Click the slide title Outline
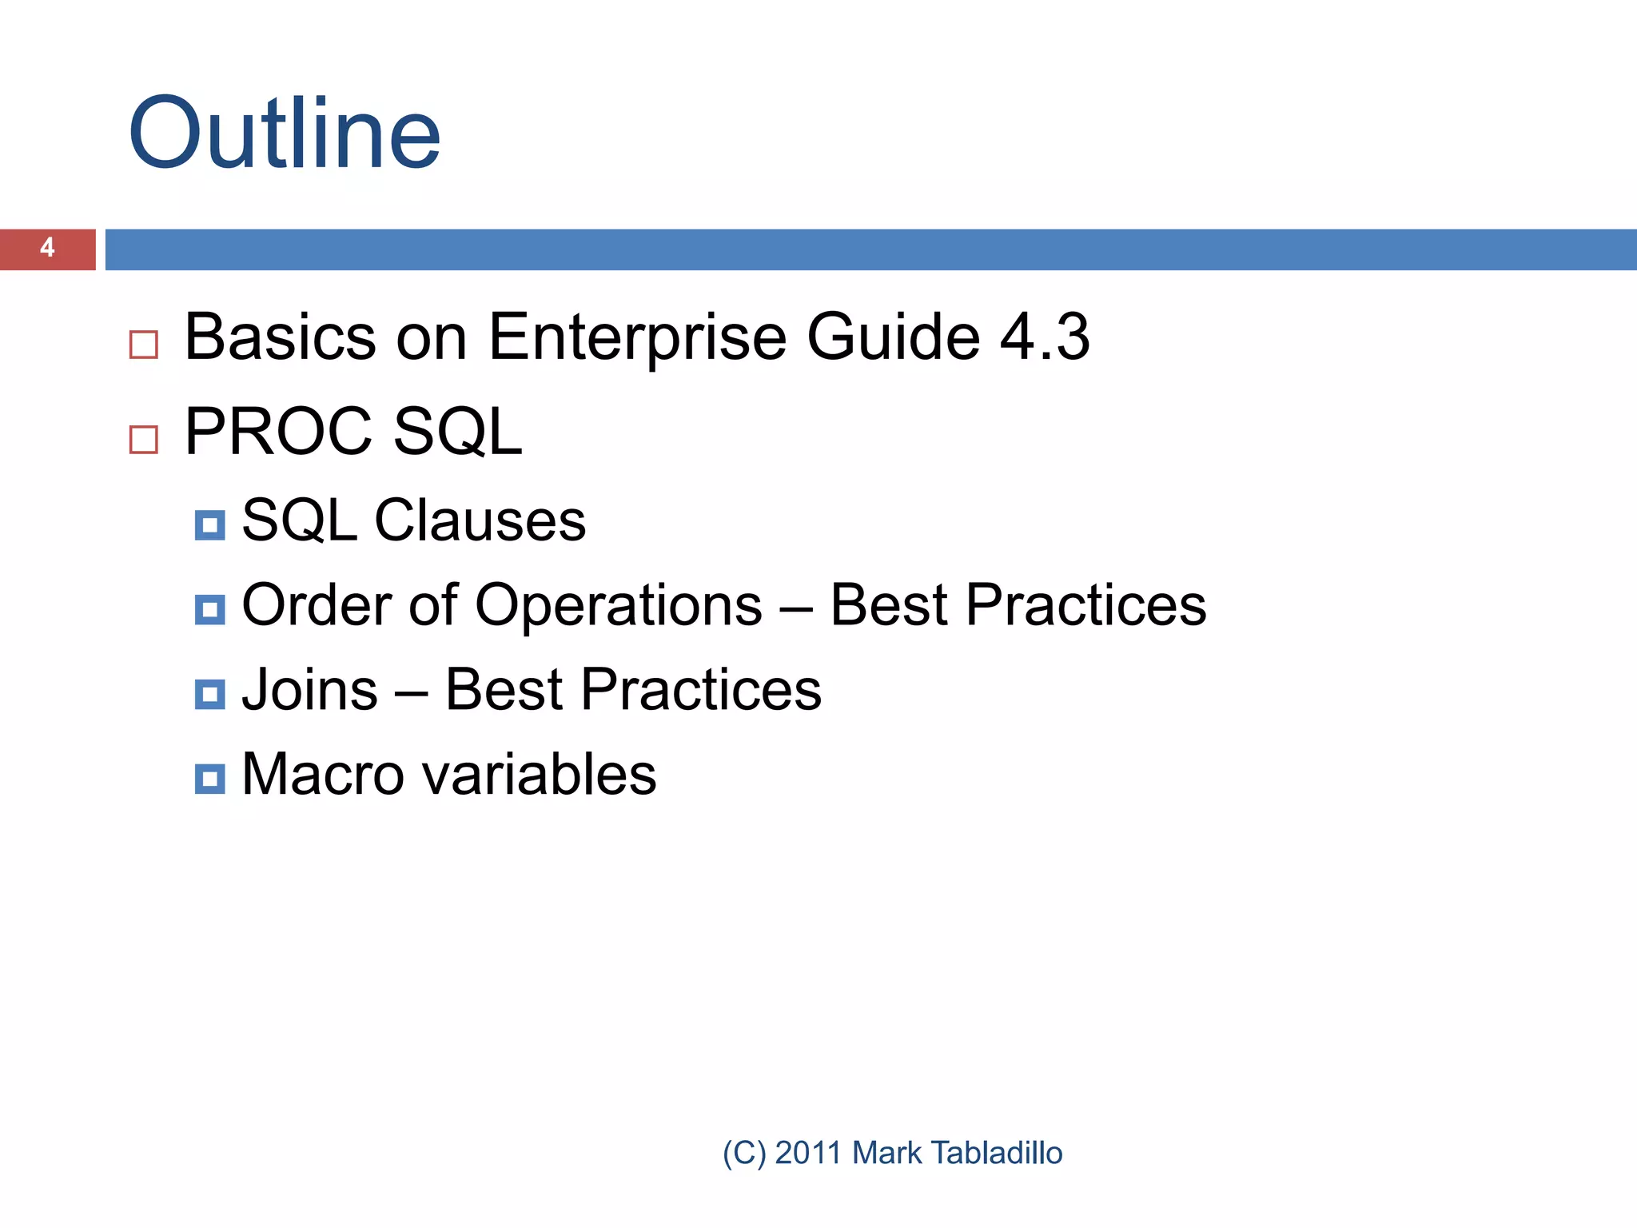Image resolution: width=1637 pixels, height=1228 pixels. click(284, 134)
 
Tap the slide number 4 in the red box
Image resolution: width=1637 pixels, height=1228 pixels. click(47, 248)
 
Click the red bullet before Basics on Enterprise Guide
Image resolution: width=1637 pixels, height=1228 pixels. click(144, 345)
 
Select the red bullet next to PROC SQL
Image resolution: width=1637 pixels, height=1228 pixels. click(144, 440)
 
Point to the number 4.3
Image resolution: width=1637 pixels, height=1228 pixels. click(1045, 337)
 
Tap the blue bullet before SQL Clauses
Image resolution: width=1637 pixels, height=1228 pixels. click(209, 526)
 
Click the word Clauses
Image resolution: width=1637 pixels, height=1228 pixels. click(480, 520)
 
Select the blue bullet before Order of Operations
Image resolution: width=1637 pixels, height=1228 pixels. click(209, 610)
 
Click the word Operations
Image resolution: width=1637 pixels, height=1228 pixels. click(619, 606)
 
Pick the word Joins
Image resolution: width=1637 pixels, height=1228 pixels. click(309, 690)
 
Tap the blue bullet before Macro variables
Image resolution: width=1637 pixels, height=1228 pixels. click(209, 779)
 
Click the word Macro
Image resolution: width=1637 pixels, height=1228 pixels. click(323, 775)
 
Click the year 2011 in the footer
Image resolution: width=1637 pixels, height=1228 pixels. click(808, 1153)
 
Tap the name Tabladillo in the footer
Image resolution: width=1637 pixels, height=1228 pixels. click(997, 1153)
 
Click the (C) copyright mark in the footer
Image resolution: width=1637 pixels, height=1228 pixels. click(743, 1153)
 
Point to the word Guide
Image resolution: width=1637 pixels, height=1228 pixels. click(893, 337)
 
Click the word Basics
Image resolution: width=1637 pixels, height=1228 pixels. click(280, 337)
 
